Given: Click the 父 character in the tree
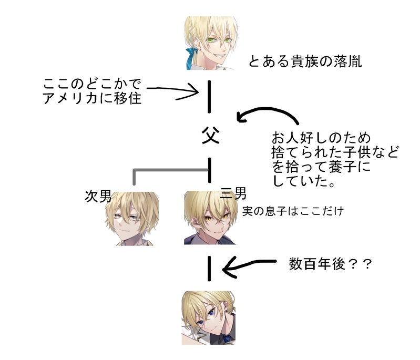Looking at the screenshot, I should (x=210, y=136).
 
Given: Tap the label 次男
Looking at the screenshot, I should (x=98, y=196).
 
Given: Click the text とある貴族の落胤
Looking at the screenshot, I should (x=305, y=61).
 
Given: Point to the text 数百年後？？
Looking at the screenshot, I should (x=330, y=263).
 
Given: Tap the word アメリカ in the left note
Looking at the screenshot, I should (x=70, y=98).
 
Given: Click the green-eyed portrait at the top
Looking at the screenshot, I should (x=210, y=45).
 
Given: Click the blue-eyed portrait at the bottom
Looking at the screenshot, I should (x=208, y=317).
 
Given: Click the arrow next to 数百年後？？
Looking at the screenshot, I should (x=247, y=268).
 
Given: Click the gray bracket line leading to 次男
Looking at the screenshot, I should (x=158, y=170).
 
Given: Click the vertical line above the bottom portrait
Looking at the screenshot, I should (x=210, y=269).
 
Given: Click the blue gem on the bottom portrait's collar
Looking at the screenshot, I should (x=227, y=337).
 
